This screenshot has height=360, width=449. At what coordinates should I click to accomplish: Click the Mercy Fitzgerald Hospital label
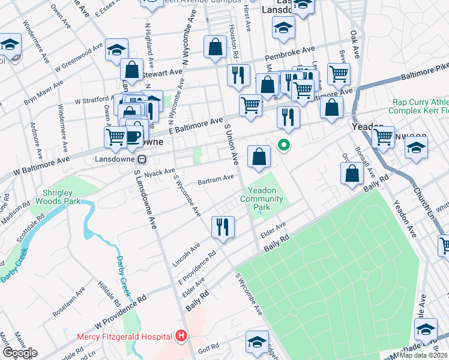pyautogui.click(x=125, y=337)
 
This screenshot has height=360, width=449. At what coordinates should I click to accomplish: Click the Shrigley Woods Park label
pyautogui.click(x=61, y=197)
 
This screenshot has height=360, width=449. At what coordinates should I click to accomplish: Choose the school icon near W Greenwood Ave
pyautogui.click(x=117, y=50)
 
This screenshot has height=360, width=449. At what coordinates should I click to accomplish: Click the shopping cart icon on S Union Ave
pyautogui.click(x=250, y=106)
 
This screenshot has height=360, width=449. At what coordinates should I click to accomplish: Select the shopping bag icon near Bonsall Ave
pyautogui.click(x=352, y=174)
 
